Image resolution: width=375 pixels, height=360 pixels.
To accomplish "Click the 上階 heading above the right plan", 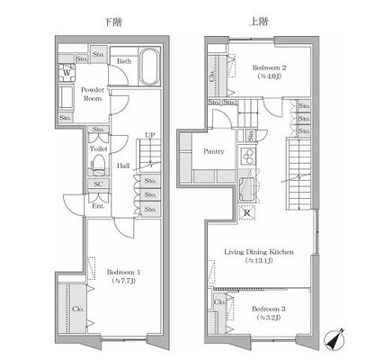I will pos(258,19).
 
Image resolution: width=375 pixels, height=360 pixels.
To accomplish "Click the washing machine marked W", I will pos(67,73).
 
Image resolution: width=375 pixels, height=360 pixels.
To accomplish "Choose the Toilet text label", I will pos(99,148).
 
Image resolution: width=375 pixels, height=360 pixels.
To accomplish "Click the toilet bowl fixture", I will pos(99,166).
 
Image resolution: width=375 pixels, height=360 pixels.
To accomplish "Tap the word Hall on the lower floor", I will pos(122,166).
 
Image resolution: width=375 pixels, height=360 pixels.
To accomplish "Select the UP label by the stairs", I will pos(149,135).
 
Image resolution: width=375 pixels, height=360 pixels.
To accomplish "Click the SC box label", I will pos(98,184).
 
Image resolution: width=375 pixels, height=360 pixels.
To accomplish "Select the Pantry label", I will pos(213,152).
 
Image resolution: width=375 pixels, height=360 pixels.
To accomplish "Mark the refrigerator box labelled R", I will pos(247,212).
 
